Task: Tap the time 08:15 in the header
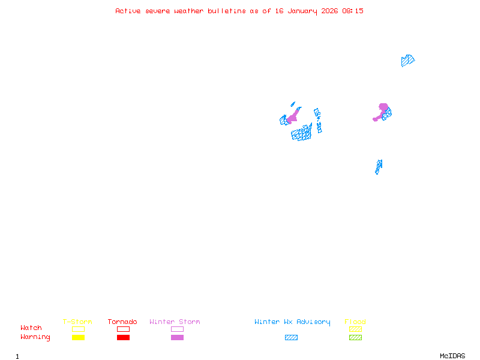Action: pos(353,11)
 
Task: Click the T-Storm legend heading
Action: pos(77,322)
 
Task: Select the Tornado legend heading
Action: pos(122,322)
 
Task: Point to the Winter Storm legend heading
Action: pos(175,322)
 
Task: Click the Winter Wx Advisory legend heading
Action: pos(292,322)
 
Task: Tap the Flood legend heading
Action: pos(355,322)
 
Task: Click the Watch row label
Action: pos(31,328)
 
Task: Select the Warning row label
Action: pos(35,337)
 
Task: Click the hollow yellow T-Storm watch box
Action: pos(79,329)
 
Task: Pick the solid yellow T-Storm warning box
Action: pos(79,337)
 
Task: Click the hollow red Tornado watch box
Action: pos(124,329)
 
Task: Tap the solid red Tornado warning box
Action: pos(124,337)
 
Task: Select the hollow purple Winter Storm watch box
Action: pos(177,329)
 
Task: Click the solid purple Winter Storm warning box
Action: pos(177,337)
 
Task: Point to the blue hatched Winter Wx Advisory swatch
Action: pos(291,337)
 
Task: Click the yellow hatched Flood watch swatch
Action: pos(355,329)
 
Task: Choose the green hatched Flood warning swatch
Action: pos(355,337)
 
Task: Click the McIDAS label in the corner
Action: pos(452,356)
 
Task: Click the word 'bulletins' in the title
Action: pos(227,11)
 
